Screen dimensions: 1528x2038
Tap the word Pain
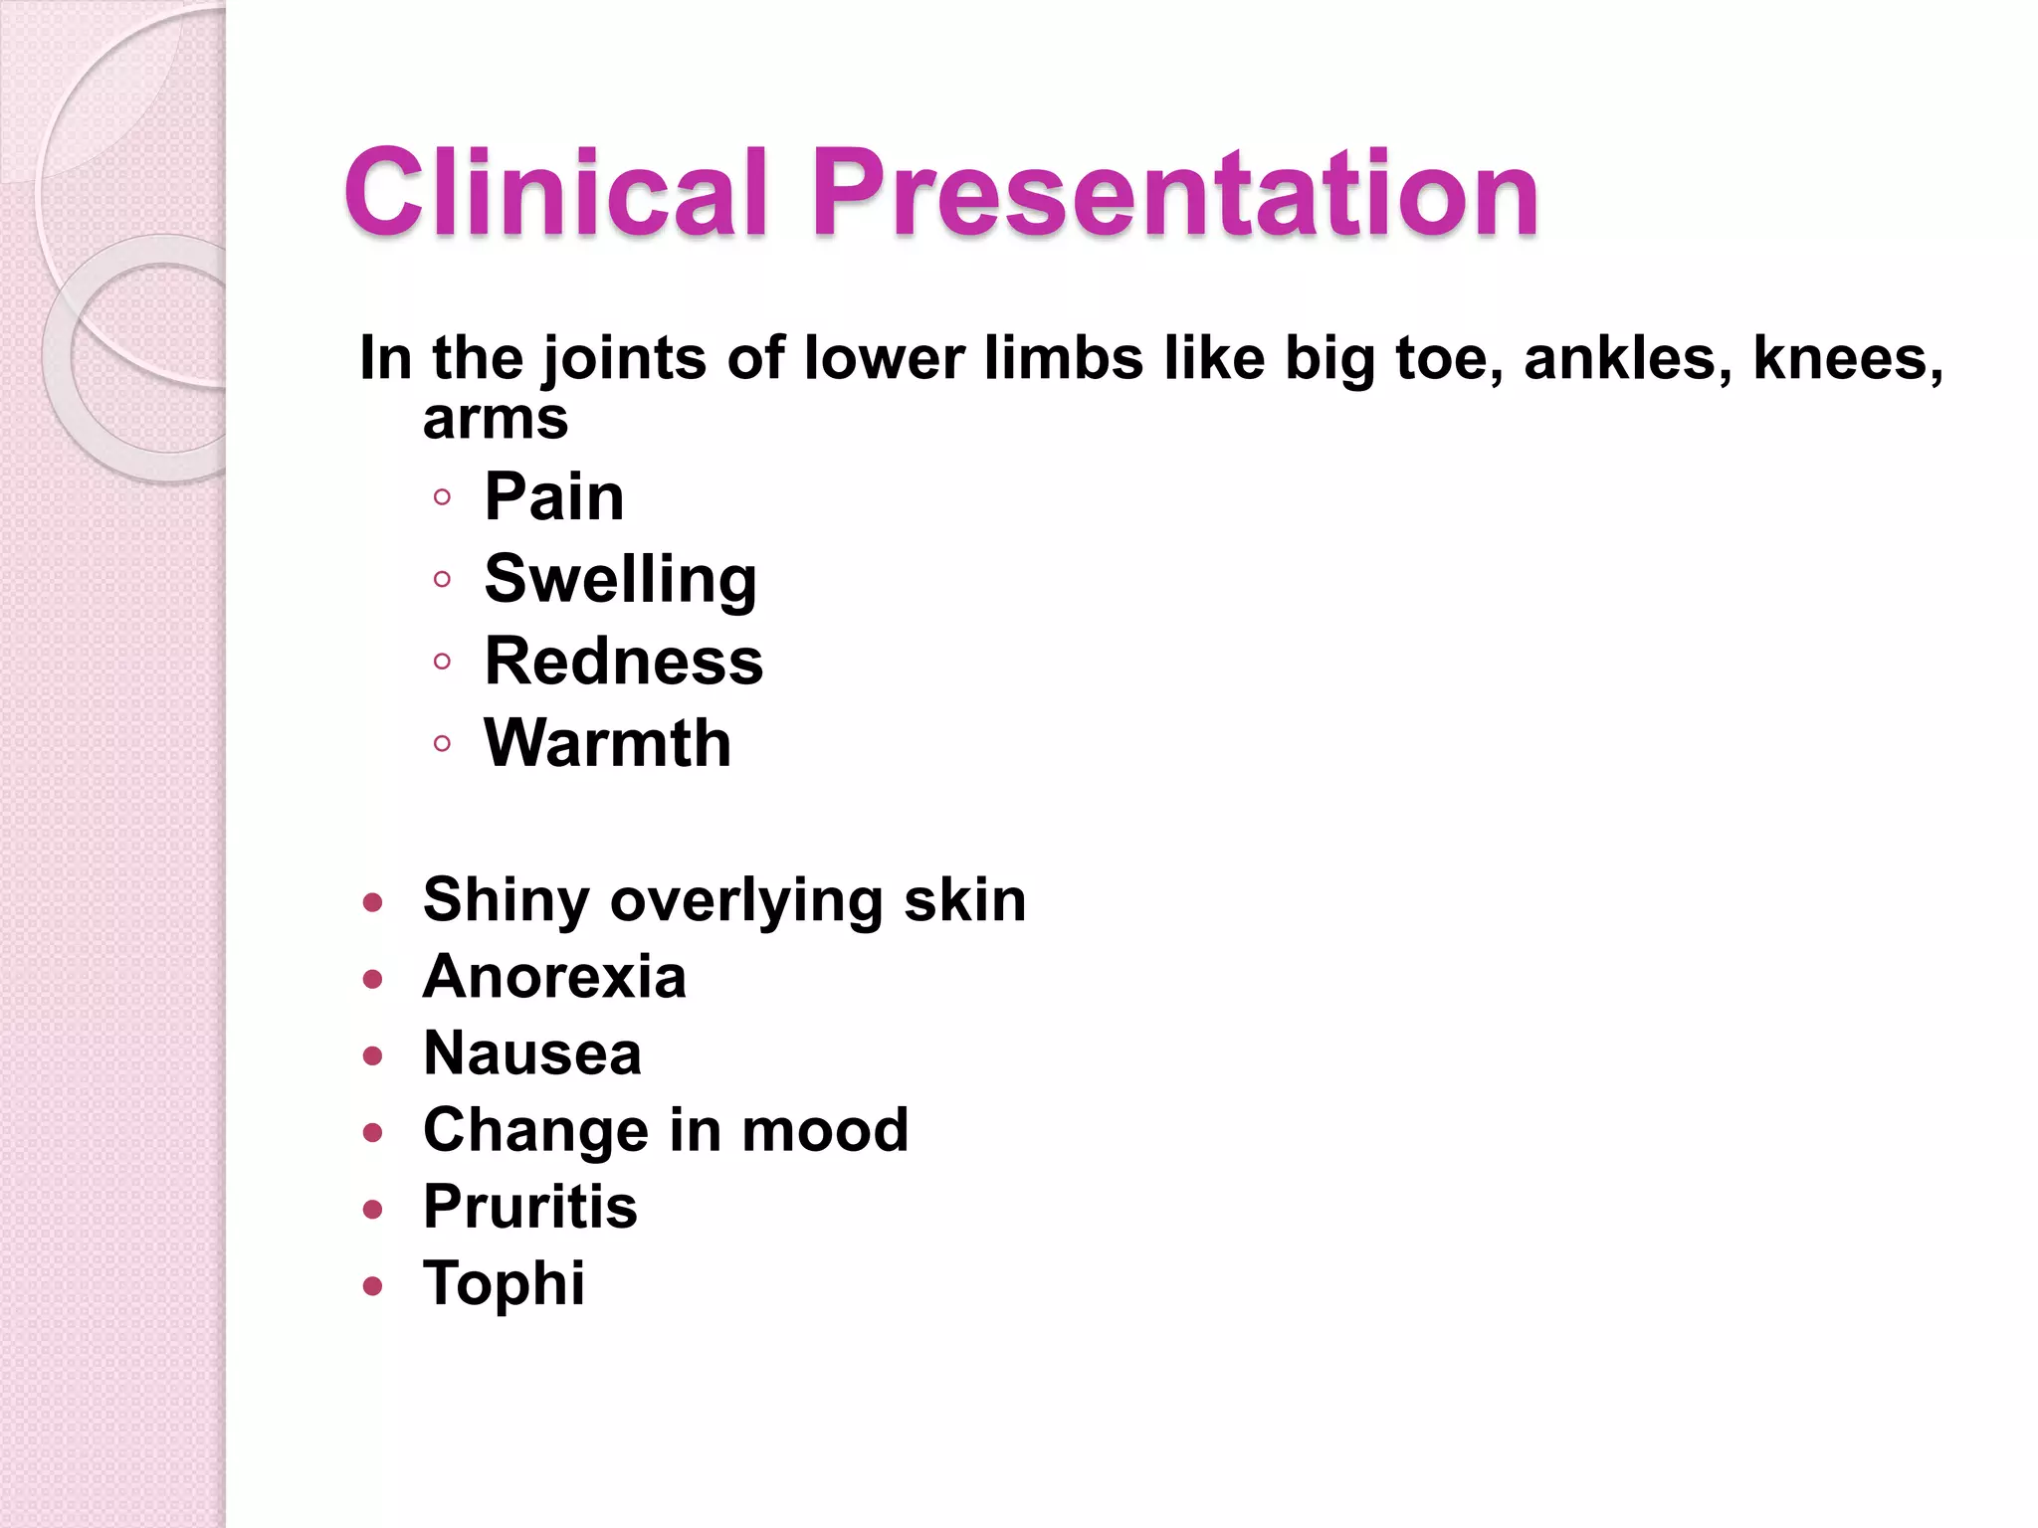pos(554,496)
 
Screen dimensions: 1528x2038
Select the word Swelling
pos(621,580)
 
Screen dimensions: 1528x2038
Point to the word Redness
pos(624,662)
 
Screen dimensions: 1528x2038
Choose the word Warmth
pos(608,743)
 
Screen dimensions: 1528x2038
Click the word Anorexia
pos(554,976)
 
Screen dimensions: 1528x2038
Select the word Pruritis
pos(530,1207)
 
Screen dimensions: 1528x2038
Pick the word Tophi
pos(504,1283)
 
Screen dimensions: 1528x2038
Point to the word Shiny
pos(507,900)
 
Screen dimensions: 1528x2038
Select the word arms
pos(496,420)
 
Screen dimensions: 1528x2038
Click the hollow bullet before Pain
pos(443,496)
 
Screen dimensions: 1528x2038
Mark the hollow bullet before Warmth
pos(443,743)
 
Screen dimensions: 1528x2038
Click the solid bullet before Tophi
pos(373,1286)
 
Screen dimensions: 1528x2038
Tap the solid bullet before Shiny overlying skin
pos(373,903)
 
